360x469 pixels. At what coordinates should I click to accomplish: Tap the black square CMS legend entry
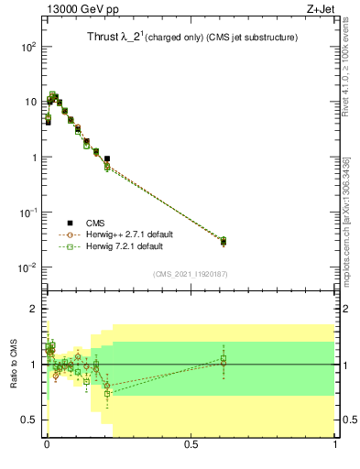tap(71, 223)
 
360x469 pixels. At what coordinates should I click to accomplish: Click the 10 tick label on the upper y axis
tap(29, 102)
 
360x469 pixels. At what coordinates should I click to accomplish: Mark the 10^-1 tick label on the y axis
tap(27, 213)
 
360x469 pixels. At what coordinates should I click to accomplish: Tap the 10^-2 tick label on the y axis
tap(27, 267)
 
